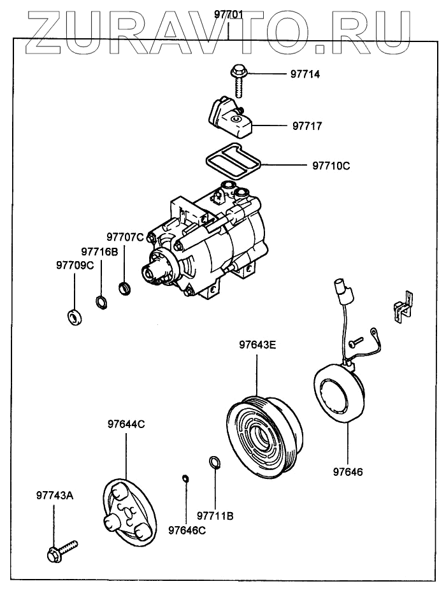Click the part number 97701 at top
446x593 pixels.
(228, 15)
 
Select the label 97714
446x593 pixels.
(305, 75)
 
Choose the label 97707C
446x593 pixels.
(125, 238)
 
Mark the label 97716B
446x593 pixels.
(99, 252)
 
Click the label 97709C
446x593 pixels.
(75, 266)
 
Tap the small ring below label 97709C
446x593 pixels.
(74, 315)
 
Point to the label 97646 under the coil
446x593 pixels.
(349, 472)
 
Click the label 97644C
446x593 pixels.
(126, 424)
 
